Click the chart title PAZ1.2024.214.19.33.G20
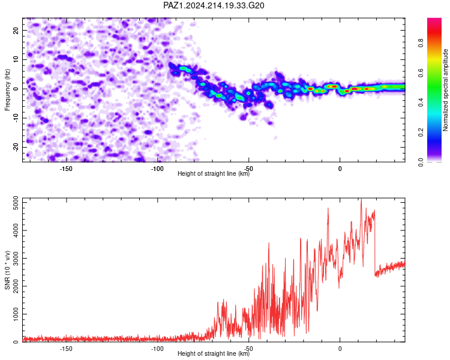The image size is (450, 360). pos(214,5)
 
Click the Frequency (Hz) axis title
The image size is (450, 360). pos(7,90)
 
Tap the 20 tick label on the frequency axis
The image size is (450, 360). pos(16,30)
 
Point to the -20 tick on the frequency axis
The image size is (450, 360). pos(16,147)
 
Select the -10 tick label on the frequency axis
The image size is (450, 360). pos(16,118)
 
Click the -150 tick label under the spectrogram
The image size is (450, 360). pos(66,169)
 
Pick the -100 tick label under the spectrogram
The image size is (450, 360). pos(157,169)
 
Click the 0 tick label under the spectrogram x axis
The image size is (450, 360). pos(340,169)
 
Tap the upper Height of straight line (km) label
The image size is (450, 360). pos(214,173)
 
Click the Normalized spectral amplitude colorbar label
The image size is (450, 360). pos(445,90)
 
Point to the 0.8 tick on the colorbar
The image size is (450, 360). pos(421,43)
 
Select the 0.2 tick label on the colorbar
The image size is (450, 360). pos(421,132)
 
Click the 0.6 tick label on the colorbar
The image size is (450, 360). pos(421,73)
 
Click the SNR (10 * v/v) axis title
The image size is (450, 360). pos(7,270)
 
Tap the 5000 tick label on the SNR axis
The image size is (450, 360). pos(16,203)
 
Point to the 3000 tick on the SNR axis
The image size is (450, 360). pos(16,259)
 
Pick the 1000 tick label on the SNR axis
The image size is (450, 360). pos(16,314)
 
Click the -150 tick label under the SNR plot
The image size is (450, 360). pos(66,349)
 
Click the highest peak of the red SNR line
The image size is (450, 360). pos(361,199)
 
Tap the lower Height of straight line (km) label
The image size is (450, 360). pos(214,353)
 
